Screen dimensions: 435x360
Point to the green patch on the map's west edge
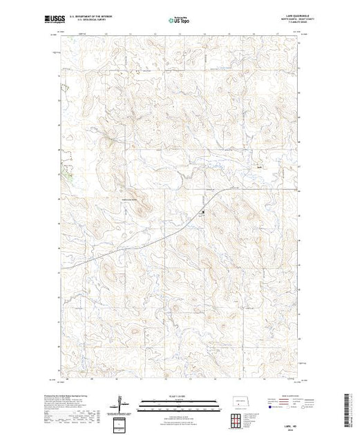tap(67, 173)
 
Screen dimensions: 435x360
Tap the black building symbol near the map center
tap(202, 213)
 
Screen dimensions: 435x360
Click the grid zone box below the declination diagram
tap(122, 423)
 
